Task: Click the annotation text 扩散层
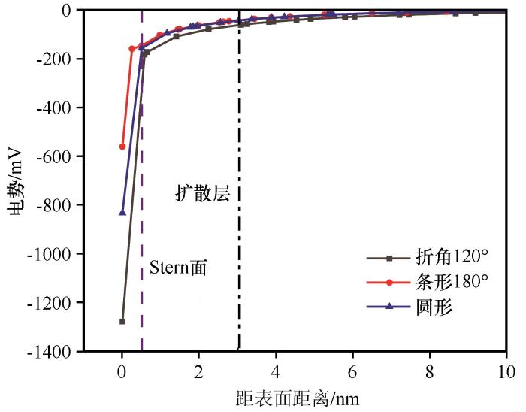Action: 198,192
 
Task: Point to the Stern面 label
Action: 178,267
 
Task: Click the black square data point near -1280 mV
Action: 122,321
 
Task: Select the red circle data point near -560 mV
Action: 122,147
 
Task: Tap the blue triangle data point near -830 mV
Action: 122,212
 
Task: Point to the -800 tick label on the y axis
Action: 57,205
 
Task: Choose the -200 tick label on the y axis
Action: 57,59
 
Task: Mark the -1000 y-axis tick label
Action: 54,254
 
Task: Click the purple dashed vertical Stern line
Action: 142,226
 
